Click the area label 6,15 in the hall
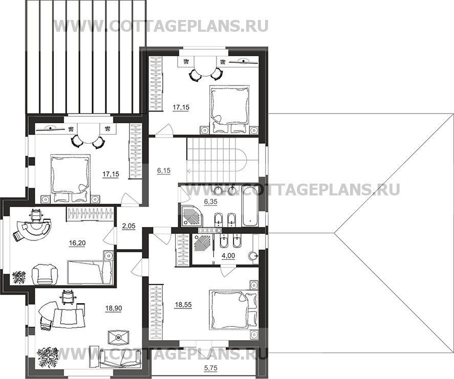pos(164,171)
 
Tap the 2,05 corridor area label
pos(128,226)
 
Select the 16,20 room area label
pos(77,243)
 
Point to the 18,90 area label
pos(114,309)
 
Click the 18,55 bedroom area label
pos(183,305)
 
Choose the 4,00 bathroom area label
pos(228,256)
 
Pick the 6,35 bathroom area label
pos(210,202)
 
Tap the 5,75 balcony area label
pos(211,368)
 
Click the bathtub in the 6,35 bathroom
pos(250,206)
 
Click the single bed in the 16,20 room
pos(90,272)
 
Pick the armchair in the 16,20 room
pos(44,275)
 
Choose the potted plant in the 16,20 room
pos(19,277)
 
